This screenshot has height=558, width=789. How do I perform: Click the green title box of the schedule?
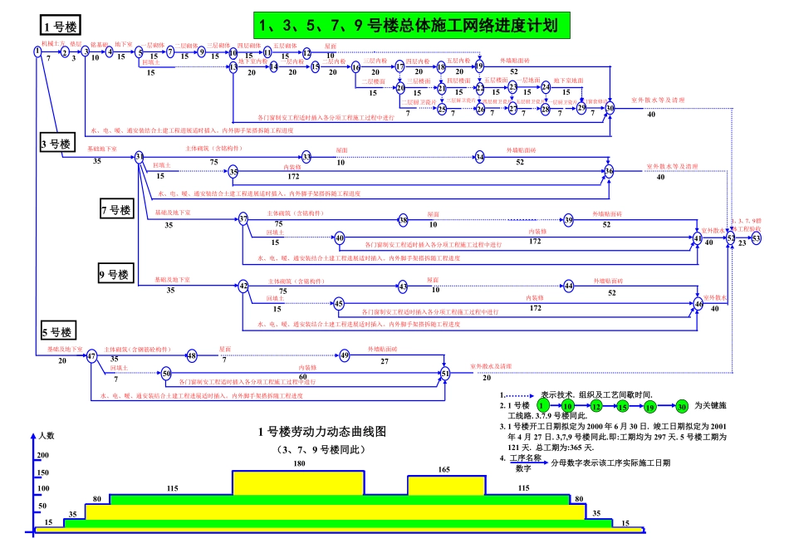click(x=413, y=25)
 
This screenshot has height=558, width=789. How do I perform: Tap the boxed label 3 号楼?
click(x=56, y=144)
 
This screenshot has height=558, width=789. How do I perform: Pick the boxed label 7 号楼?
click(x=115, y=210)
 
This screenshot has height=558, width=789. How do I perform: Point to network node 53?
click(x=756, y=237)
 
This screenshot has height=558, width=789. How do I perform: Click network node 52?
click(x=731, y=237)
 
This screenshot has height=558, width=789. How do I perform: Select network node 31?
click(x=140, y=156)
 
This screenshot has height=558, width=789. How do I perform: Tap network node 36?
click(x=609, y=172)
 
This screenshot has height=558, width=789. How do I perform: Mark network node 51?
click(x=444, y=374)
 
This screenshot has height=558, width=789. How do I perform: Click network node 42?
click(x=243, y=286)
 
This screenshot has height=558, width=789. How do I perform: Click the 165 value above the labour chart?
click(x=444, y=470)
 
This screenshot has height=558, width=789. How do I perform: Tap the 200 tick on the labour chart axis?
click(x=43, y=456)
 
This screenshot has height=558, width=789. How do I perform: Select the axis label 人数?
click(x=47, y=435)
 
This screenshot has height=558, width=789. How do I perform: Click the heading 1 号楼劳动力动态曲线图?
click(x=322, y=432)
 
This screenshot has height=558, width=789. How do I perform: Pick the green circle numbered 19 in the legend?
click(x=650, y=406)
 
